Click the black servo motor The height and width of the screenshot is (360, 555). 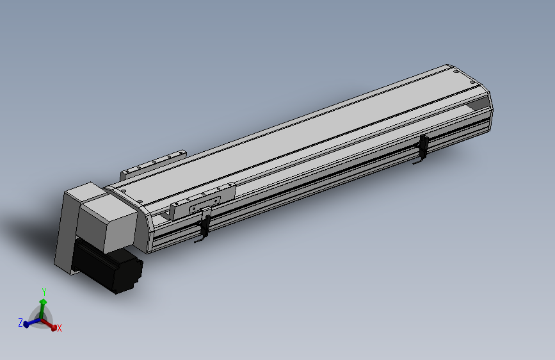[x=109, y=269]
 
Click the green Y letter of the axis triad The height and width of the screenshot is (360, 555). [x=44, y=291]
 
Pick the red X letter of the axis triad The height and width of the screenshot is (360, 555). [x=59, y=328]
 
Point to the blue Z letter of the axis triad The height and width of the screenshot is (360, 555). [x=20, y=323]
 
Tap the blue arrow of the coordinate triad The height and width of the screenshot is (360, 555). [x=30, y=323]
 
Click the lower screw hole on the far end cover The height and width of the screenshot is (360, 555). [x=472, y=82]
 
